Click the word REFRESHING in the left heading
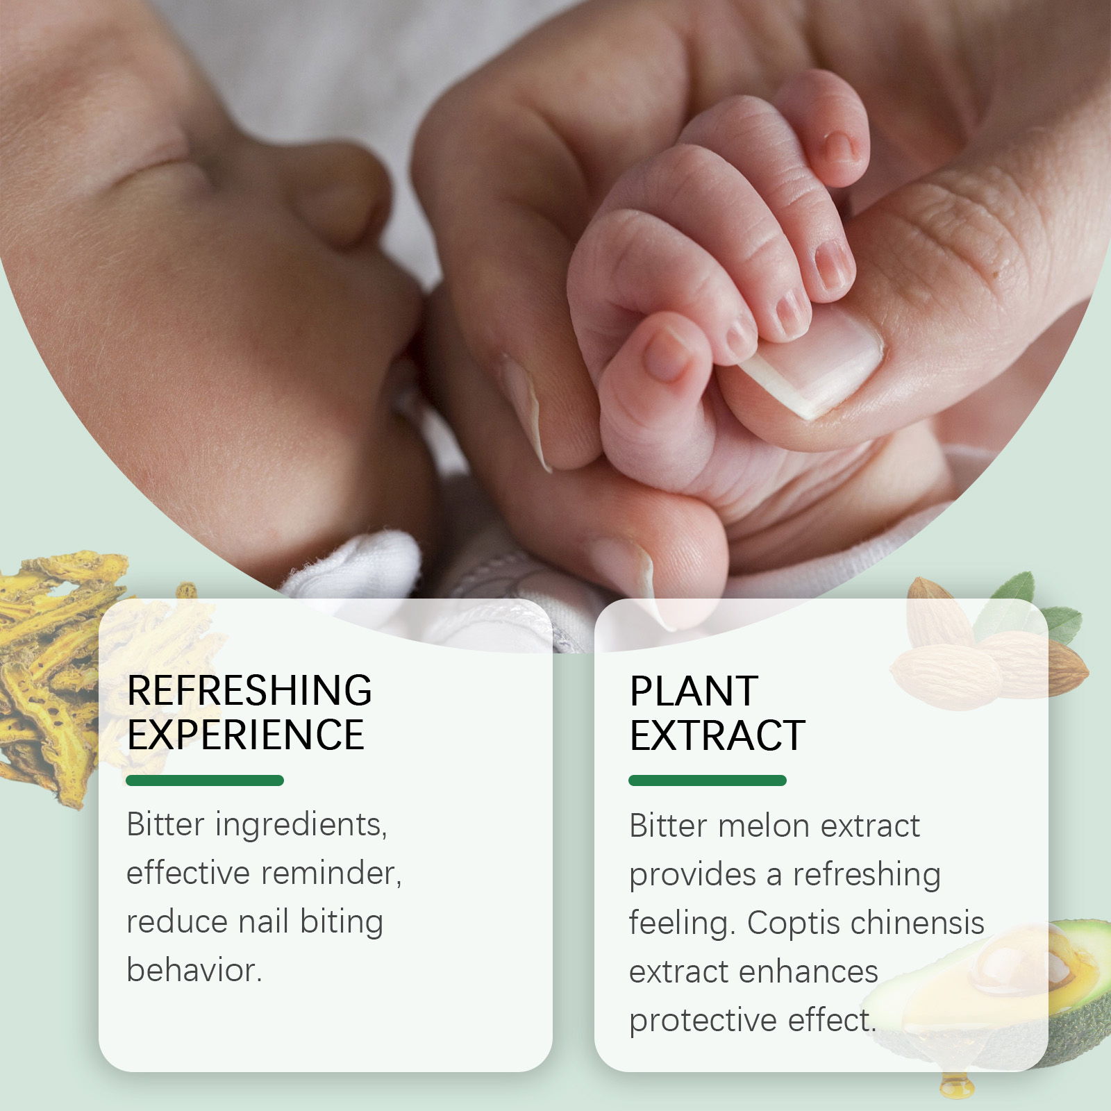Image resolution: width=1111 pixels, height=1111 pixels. pos(249,690)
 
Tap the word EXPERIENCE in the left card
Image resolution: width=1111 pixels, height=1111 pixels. pos(246,735)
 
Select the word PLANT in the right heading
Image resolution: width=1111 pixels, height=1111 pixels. pos(694,691)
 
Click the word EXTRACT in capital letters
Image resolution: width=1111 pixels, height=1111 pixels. pos(717,735)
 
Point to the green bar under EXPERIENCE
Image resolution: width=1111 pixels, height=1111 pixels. pos(205,780)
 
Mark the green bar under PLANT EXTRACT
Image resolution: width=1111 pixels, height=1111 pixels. pos(708,780)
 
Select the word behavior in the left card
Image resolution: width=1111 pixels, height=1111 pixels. pos(194,970)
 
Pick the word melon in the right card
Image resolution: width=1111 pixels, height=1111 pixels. pos(763,826)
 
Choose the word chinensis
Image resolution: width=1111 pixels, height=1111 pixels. pos(917,923)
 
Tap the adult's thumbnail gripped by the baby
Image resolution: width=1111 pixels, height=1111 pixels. pos(812,365)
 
